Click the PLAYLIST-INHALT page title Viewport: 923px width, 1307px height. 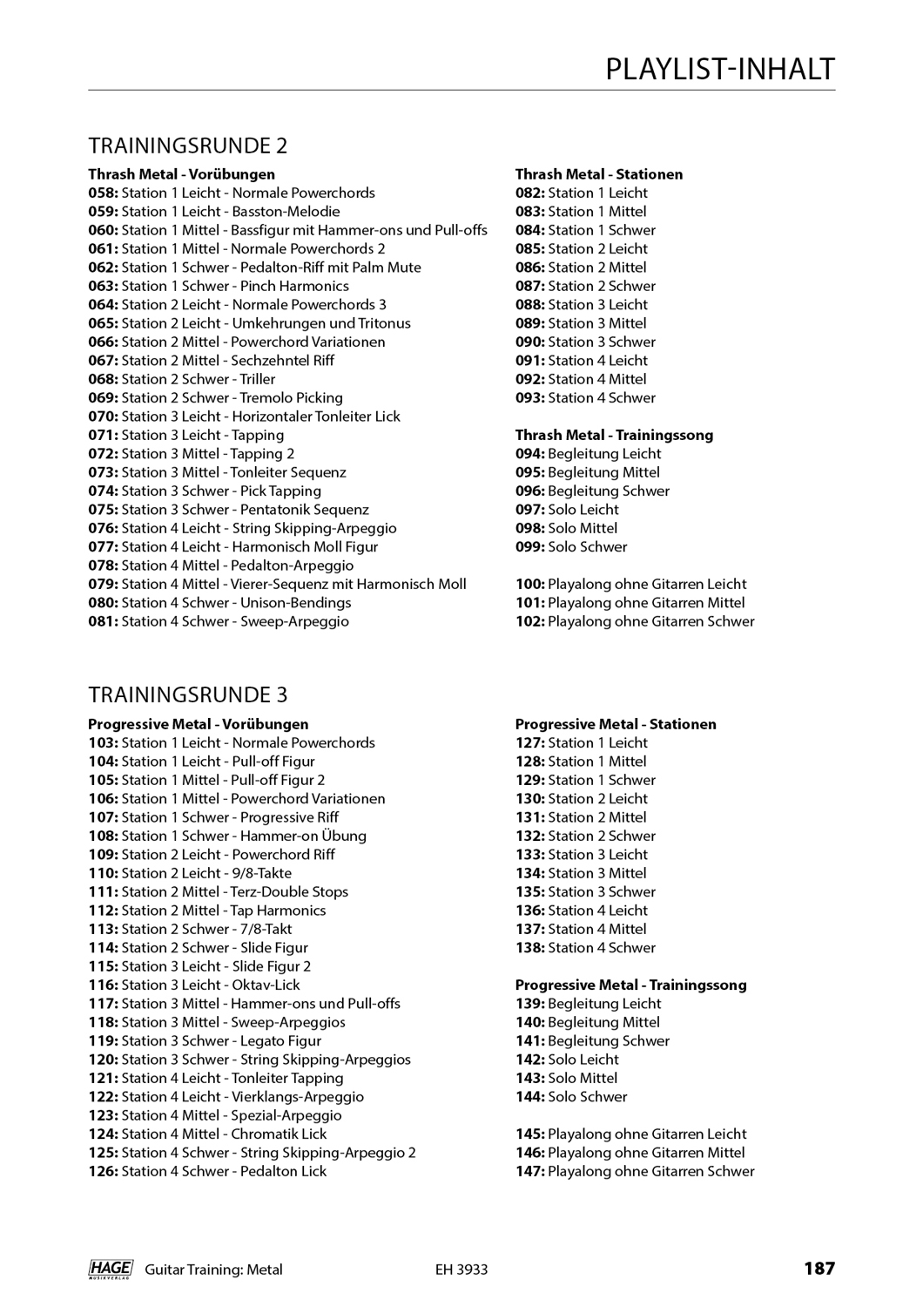coord(719,69)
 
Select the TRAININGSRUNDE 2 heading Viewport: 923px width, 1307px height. coord(187,145)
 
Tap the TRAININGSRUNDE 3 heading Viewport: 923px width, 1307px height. coord(187,694)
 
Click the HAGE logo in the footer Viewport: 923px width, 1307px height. coord(110,1270)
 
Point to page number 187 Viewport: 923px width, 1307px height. coord(819,1269)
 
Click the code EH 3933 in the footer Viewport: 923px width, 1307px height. coord(461,1270)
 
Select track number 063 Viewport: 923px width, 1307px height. coord(103,286)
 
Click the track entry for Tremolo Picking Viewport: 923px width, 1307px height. coord(215,397)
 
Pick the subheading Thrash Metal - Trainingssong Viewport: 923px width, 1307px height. coord(614,435)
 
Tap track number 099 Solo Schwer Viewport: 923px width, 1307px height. coord(571,546)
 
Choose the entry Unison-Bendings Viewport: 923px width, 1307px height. coord(219,602)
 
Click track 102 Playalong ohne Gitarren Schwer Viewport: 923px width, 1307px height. coord(635,621)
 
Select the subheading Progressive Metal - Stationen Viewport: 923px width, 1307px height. coord(616,724)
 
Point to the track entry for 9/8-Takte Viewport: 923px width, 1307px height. coord(190,873)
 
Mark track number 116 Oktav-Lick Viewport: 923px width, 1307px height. coord(194,985)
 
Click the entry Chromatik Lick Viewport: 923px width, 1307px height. coord(207,1134)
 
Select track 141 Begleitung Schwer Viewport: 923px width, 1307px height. coord(592,1040)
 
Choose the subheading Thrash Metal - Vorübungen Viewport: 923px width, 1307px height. coord(181,174)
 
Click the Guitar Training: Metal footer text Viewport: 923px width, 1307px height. coord(213,1270)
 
